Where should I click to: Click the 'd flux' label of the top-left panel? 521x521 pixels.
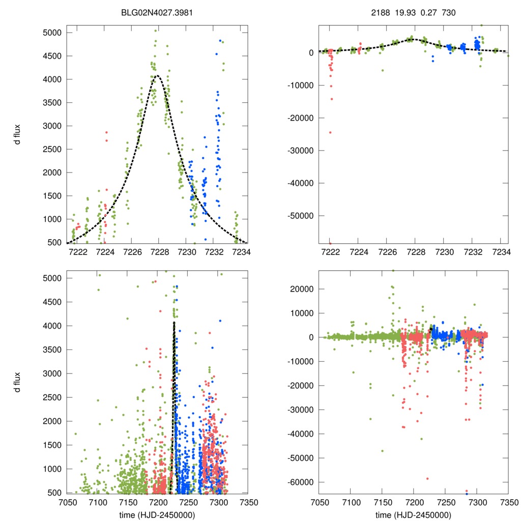(17, 134)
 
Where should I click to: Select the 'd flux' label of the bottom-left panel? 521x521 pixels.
(17, 382)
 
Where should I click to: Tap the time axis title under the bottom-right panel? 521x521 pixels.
(413, 514)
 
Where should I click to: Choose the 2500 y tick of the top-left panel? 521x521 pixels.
(52, 149)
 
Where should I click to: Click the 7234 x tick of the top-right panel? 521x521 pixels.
(502, 251)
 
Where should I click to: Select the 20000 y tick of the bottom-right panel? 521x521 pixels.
(304, 289)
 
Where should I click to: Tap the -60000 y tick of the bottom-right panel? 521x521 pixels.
(303, 482)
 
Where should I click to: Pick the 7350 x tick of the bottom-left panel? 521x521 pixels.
(248, 502)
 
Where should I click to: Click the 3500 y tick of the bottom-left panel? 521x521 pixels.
(52, 350)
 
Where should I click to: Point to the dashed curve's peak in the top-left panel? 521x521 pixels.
(158, 76)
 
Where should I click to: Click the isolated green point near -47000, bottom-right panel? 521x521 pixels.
(382, 451)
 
